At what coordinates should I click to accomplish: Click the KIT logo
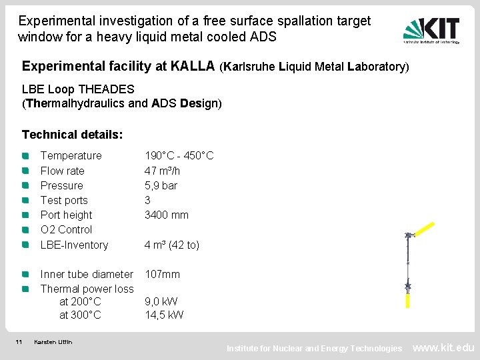pyautogui.click(x=431, y=30)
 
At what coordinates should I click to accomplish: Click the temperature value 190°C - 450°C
pyautogui.click(x=179, y=155)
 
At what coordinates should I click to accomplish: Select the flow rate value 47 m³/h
pyautogui.click(x=163, y=171)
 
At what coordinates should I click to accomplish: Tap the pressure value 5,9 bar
pyautogui.click(x=161, y=185)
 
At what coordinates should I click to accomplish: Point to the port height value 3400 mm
pyautogui.click(x=167, y=215)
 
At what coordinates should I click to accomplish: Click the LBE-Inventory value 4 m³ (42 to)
pyautogui.click(x=172, y=245)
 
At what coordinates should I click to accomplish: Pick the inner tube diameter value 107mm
pyautogui.click(x=163, y=274)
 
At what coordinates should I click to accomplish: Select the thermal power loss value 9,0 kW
pyautogui.click(x=164, y=301)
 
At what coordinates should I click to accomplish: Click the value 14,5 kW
pyautogui.click(x=164, y=315)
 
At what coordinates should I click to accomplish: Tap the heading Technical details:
pyautogui.click(x=72, y=135)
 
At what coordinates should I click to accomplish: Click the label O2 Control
pyautogui.click(x=66, y=229)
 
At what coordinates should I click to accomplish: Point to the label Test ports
pyautogui.click(x=64, y=200)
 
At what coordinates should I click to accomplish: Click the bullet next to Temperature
pyautogui.click(x=25, y=155)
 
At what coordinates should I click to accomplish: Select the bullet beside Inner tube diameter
pyautogui.click(x=25, y=274)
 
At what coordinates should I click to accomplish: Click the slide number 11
pyautogui.click(x=19, y=342)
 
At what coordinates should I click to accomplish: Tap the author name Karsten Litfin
pyautogui.click(x=53, y=342)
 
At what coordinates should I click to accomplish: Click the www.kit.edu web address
pyautogui.click(x=444, y=347)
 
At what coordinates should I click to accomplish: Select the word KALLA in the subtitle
pyautogui.click(x=193, y=66)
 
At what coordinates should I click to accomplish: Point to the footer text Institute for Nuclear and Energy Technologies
pyautogui.click(x=314, y=348)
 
